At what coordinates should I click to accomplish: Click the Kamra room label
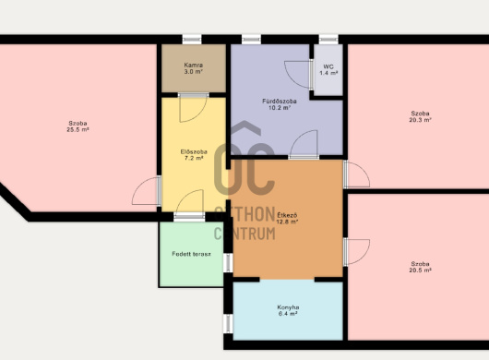[x=194, y=68]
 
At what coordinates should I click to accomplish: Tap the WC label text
[x=328, y=70]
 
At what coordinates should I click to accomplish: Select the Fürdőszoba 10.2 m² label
[x=280, y=104]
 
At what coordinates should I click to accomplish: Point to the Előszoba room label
[x=194, y=155]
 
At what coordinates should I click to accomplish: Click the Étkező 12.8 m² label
[x=287, y=219]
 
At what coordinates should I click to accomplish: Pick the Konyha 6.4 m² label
[x=288, y=310]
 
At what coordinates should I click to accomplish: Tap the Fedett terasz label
[x=192, y=254]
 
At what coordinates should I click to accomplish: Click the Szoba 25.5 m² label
[x=78, y=126]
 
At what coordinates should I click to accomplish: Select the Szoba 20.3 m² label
[x=420, y=116]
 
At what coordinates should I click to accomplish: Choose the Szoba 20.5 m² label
[x=420, y=267]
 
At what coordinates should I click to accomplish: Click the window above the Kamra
[x=192, y=39]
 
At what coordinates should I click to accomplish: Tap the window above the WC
[x=328, y=39]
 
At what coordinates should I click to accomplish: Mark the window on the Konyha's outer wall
[x=228, y=323]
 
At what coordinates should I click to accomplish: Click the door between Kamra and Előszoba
[x=194, y=107]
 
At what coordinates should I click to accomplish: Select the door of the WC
[x=299, y=75]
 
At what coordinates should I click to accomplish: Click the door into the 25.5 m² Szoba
[x=147, y=190]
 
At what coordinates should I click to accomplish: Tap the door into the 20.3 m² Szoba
[x=356, y=174]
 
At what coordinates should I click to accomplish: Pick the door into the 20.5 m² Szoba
[x=356, y=252]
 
